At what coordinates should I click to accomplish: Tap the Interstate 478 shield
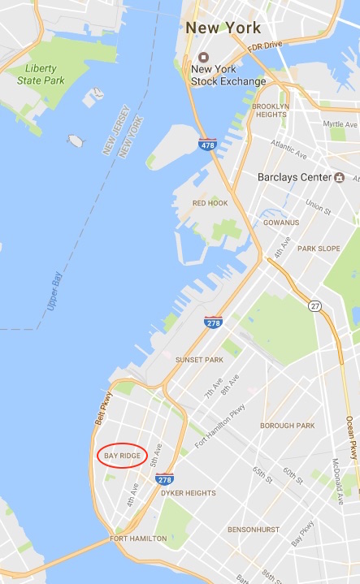[x=209, y=145]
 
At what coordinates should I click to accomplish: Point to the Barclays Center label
[x=284, y=176]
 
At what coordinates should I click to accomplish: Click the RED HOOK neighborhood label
[x=210, y=202]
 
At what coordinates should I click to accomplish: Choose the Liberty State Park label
[x=41, y=74]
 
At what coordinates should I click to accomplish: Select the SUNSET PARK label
[x=199, y=358]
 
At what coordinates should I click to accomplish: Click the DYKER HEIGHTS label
[x=189, y=493]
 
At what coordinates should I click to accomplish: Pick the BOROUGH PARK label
[x=287, y=425]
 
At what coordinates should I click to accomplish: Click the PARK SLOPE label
[x=319, y=249]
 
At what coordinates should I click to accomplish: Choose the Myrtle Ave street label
[x=340, y=124]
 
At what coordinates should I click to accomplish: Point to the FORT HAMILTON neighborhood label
[x=139, y=539]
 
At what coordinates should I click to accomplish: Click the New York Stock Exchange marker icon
[x=202, y=58]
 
